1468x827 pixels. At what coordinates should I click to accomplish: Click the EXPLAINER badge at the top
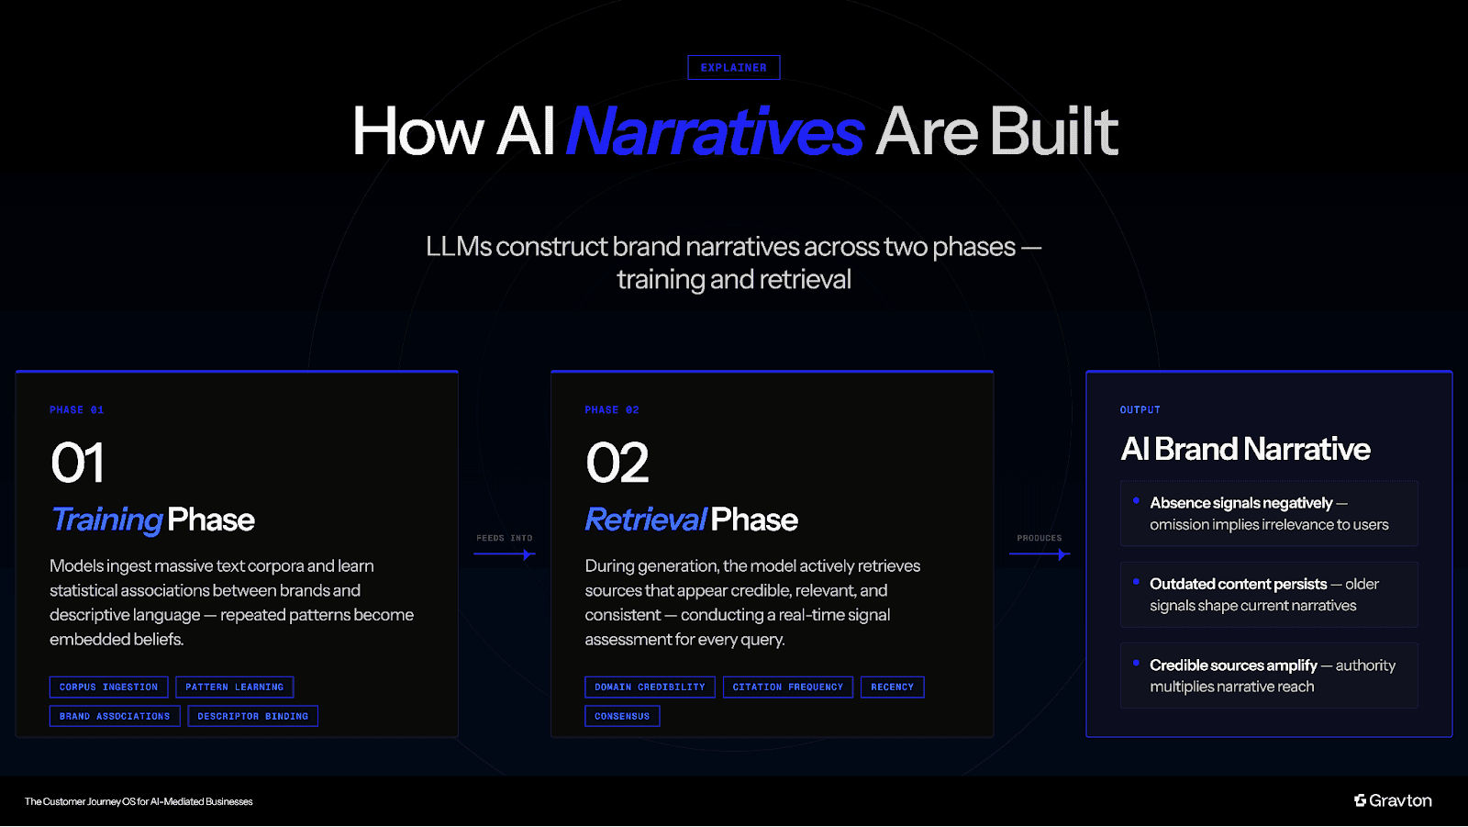pyautogui.click(x=733, y=68)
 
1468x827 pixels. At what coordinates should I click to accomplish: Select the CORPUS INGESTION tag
pyautogui.click(x=108, y=687)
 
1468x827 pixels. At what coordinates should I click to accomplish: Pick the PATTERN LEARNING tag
pyautogui.click(x=234, y=687)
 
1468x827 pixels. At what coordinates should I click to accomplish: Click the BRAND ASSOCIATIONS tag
pyautogui.click(x=115, y=717)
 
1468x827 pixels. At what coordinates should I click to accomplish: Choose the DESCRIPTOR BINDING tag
pyautogui.click(x=252, y=717)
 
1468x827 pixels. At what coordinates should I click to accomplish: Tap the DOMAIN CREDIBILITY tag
pyautogui.click(x=650, y=687)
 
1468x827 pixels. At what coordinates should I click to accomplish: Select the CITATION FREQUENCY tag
pyautogui.click(x=787, y=687)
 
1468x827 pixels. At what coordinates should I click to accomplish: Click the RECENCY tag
pyautogui.click(x=892, y=687)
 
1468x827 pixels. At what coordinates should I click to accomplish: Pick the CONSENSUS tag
pyautogui.click(x=622, y=717)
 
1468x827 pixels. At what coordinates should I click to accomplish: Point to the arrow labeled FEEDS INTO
pyautogui.click(x=505, y=554)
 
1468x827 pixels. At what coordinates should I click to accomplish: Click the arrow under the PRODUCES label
pyautogui.click(x=1040, y=554)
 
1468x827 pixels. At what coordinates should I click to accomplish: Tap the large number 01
pyautogui.click(x=78, y=463)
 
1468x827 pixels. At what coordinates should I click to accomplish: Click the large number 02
pyautogui.click(x=617, y=463)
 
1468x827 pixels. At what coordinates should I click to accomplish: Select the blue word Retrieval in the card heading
pyautogui.click(x=646, y=520)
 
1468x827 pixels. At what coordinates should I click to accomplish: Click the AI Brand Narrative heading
pyautogui.click(x=1245, y=450)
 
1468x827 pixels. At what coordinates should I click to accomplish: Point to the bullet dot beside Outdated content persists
pyautogui.click(x=1136, y=582)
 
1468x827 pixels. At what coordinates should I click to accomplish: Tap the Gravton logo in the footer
pyautogui.click(x=1393, y=801)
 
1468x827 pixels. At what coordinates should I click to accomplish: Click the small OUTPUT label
pyautogui.click(x=1140, y=410)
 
